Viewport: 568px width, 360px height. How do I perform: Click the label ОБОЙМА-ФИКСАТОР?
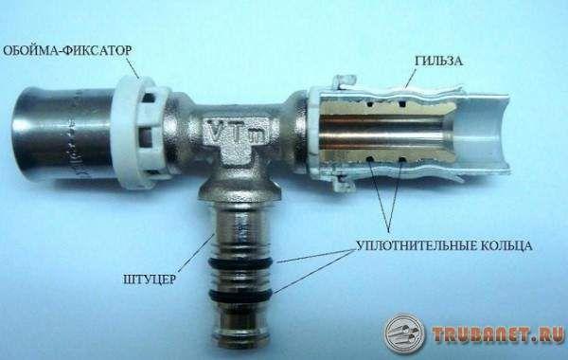67,50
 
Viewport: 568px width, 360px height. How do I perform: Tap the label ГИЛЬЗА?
438,61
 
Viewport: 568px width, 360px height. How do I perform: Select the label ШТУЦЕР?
150,279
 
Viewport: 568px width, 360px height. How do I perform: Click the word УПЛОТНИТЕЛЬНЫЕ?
417,245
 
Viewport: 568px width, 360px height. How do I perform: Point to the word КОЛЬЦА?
506,245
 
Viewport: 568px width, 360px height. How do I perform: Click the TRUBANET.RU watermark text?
498,334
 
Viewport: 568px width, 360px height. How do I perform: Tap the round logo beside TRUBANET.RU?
404,333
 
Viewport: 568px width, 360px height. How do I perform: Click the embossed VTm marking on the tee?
236,132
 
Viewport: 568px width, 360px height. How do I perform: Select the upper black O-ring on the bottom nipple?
240,262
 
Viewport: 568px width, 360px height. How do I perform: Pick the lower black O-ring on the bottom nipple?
240,294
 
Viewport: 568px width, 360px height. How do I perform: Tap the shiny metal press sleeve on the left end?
62,135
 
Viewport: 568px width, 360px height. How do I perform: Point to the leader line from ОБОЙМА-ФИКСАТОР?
133,67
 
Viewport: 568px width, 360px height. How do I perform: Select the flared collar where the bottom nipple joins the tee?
240,192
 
